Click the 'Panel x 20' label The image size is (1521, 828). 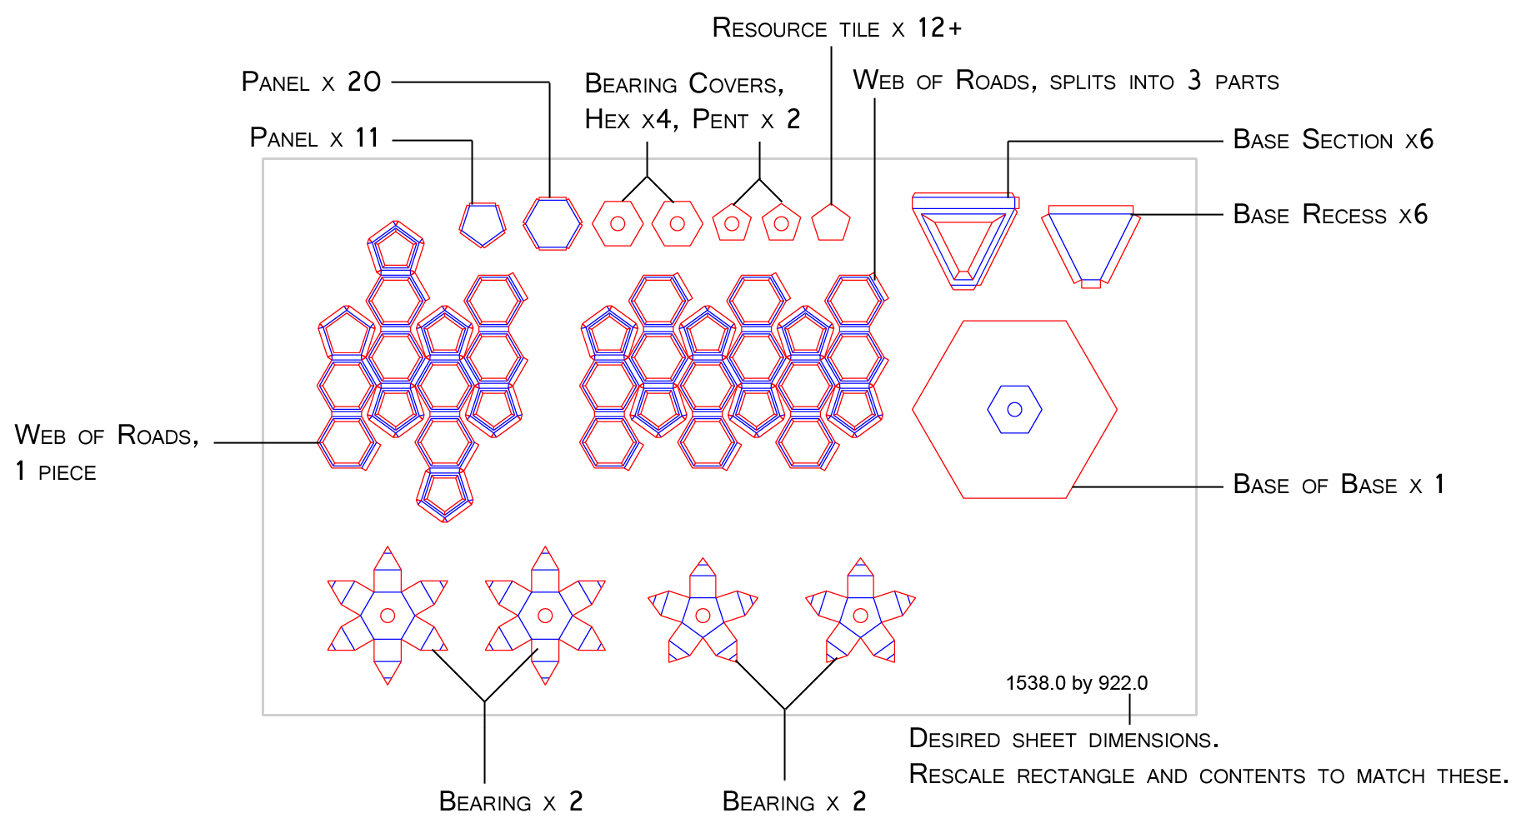click(x=311, y=82)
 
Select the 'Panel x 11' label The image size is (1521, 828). click(x=314, y=137)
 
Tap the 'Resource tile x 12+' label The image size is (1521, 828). click(x=836, y=28)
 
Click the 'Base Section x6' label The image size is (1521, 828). click(x=1333, y=139)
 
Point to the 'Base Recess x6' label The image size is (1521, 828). click(x=1329, y=214)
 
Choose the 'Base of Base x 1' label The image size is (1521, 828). click(x=1338, y=484)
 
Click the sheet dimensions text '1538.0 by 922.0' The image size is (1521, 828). click(x=1076, y=683)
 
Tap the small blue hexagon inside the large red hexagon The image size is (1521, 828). click(x=1014, y=409)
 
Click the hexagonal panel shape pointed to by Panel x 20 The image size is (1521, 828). click(x=552, y=223)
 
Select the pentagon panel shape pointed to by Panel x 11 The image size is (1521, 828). click(x=483, y=225)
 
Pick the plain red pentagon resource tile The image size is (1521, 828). click(x=831, y=223)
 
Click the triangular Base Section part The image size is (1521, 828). click(x=964, y=242)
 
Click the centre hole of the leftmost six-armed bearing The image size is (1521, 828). click(x=387, y=616)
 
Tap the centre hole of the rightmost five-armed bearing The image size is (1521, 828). click(x=860, y=616)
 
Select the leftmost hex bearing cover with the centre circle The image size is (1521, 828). click(x=618, y=223)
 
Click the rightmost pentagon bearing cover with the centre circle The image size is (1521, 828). click(x=781, y=223)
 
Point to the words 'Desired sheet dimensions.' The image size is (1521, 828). click(x=1063, y=739)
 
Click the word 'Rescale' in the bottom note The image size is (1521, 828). click(x=956, y=775)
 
